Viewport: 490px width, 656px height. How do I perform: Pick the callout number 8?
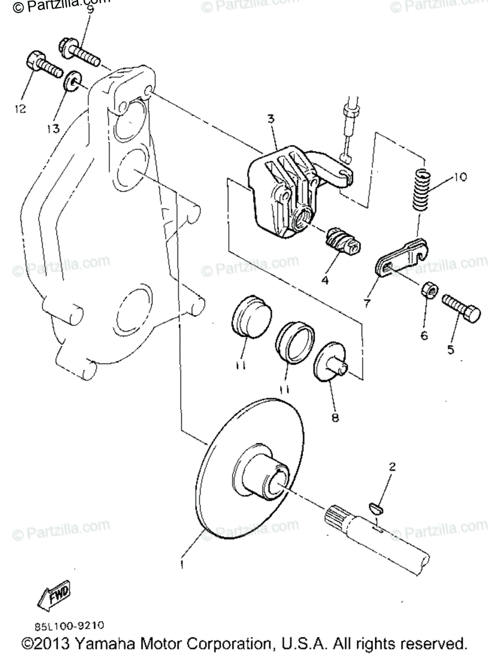[x=335, y=418]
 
